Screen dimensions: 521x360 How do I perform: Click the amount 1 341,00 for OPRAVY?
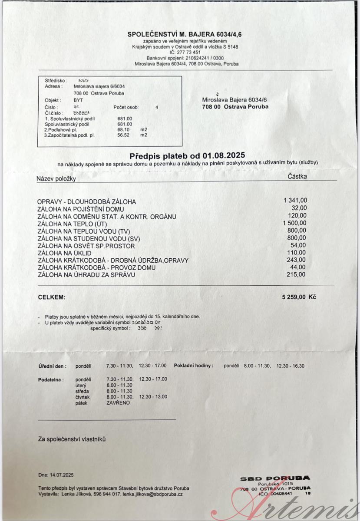(x=295, y=201)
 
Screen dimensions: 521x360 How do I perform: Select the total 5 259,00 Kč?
(x=299, y=297)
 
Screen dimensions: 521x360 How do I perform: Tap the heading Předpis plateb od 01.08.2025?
(x=187, y=155)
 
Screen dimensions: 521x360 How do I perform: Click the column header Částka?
(x=297, y=177)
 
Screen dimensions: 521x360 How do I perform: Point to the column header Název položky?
(x=56, y=179)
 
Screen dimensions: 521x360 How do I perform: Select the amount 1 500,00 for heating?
(x=295, y=223)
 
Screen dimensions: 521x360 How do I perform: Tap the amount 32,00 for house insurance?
(x=299, y=208)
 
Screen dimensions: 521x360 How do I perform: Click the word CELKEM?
(x=52, y=297)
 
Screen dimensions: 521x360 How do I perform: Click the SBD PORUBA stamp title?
(x=275, y=478)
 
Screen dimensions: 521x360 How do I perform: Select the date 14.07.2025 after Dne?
(x=62, y=475)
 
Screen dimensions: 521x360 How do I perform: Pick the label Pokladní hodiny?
(x=194, y=366)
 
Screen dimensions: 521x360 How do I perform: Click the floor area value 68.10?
(x=124, y=129)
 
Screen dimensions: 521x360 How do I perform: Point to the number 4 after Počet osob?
(x=157, y=107)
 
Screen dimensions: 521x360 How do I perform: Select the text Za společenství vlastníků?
(x=72, y=439)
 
